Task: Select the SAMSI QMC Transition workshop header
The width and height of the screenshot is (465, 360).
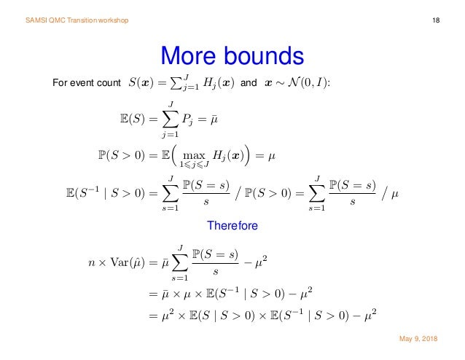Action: coord(77,20)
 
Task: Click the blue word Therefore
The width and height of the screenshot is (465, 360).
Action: coord(232,227)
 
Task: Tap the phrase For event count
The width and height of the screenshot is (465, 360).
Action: coord(87,85)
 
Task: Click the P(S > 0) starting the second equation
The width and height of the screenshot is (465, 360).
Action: coord(121,155)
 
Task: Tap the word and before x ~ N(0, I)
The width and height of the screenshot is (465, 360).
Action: coord(249,85)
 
